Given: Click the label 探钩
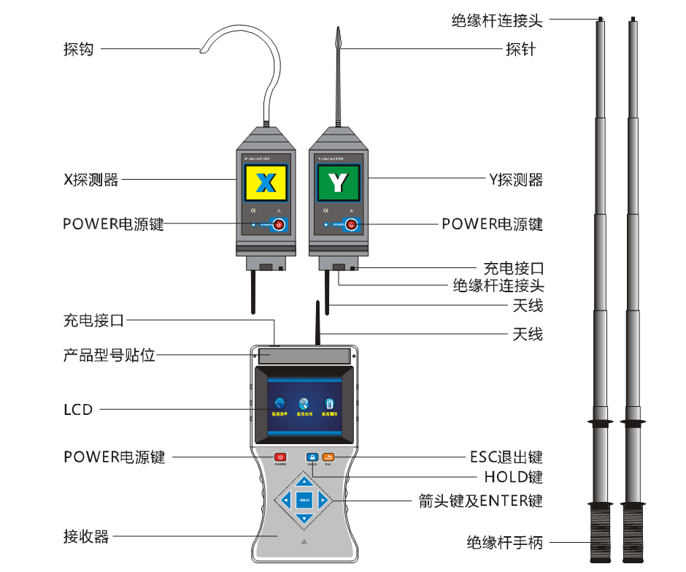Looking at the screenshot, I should click(x=78, y=50).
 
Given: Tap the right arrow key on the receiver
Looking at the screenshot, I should click(x=323, y=500).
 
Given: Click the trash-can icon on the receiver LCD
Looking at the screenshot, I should click(x=329, y=404).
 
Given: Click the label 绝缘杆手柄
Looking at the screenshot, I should click(x=505, y=543).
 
